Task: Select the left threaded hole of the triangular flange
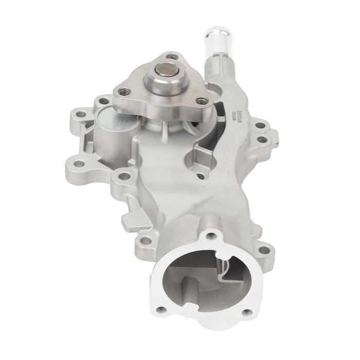coord(124,92)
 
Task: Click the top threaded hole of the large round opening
coord(211,236)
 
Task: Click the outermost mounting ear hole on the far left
coord(80,165)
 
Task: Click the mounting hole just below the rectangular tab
coord(146,240)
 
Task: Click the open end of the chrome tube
coord(218,30)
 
